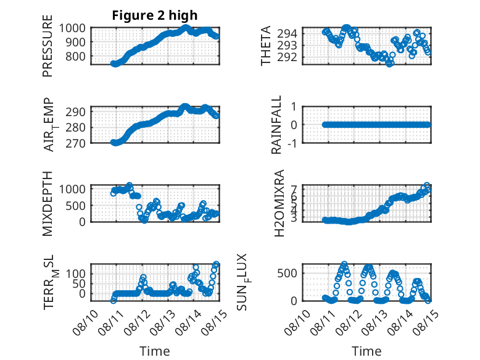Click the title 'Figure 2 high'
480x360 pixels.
tap(155, 15)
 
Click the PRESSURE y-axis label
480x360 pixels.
tap(48, 46)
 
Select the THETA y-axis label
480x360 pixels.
tap(266, 46)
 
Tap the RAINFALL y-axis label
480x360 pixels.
tap(276, 125)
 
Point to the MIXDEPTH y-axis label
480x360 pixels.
tap(48, 204)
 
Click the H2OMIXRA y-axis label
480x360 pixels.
tap(279, 203)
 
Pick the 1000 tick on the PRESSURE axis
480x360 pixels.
tap(72, 28)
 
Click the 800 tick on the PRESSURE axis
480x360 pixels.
tap(76, 57)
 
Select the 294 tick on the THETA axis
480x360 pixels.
tap(287, 33)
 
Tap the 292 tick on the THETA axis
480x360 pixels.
tap(287, 57)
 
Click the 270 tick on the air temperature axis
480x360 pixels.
tap(76, 143)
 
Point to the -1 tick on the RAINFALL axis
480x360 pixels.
tap(292, 143)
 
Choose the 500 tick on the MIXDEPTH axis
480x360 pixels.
tap(76, 206)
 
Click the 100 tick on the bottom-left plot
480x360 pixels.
tap(76, 274)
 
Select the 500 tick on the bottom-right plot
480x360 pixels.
tap(287, 273)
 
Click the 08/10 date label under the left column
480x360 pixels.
tap(85, 322)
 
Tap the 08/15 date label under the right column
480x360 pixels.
tap(426, 322)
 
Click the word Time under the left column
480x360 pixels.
tap(155, 351)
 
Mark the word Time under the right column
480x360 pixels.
tap(366, 351)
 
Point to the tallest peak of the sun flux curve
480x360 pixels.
tap(344, 264)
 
